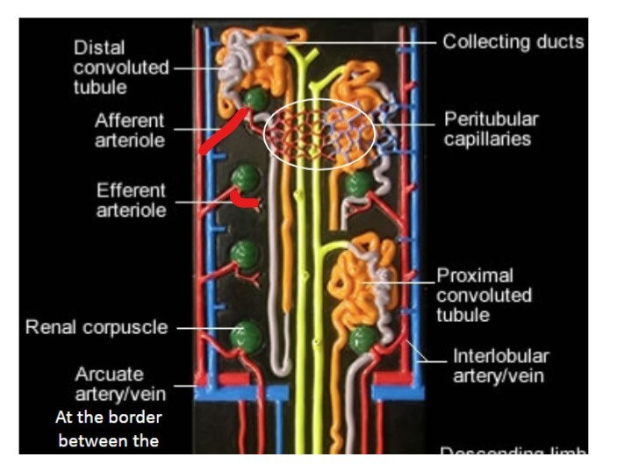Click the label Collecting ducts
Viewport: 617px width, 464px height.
coord(512,41)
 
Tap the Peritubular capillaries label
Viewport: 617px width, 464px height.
coord(491,128)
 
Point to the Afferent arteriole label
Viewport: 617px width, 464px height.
coord(130,130)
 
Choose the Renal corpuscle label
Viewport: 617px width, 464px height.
coord(96,328)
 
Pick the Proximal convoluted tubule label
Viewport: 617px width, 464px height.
coord(484,295)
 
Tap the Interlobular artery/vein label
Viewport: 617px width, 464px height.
coord(500,366)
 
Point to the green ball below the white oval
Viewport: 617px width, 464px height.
coord(357,184)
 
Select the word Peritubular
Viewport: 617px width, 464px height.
coord(491,118)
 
